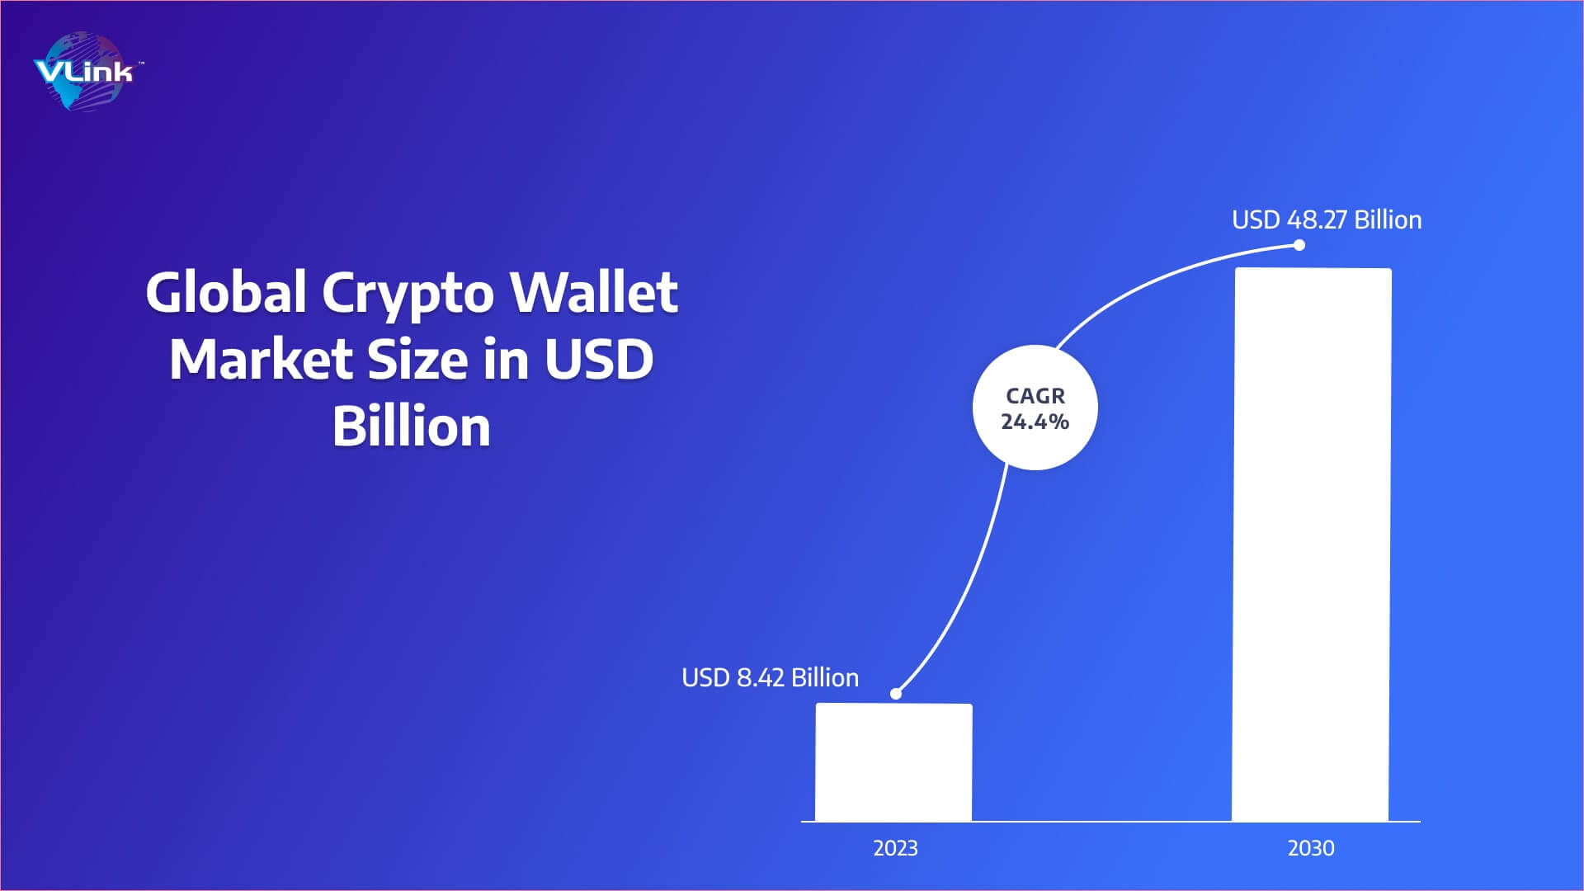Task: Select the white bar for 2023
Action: click(x=893, y=762)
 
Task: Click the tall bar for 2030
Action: click(x=1311, y=544)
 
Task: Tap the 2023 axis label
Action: click(x=895, y=848)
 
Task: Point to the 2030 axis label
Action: click(x=1311, y=848)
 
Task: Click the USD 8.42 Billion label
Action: click(x=770, y=677)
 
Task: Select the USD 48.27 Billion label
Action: click(x=1327, y=219)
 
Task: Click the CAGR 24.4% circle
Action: click(x=1035, y=408)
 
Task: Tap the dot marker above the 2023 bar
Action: click(x=896, y=693)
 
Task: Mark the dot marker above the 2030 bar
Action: click(x=1299, y=245)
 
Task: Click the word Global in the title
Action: click(x=226, y=292)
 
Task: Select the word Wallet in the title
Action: click(x=594, y=292)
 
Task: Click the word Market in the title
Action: click(x=261, y=360)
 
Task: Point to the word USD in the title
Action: click(x=598, y=360)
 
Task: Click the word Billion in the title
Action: click(x=412, y=427)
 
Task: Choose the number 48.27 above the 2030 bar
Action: click(x=1317, y=219)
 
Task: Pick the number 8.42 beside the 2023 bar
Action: click(x=760, y=677)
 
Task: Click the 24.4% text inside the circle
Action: click(x=1035, y=422)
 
